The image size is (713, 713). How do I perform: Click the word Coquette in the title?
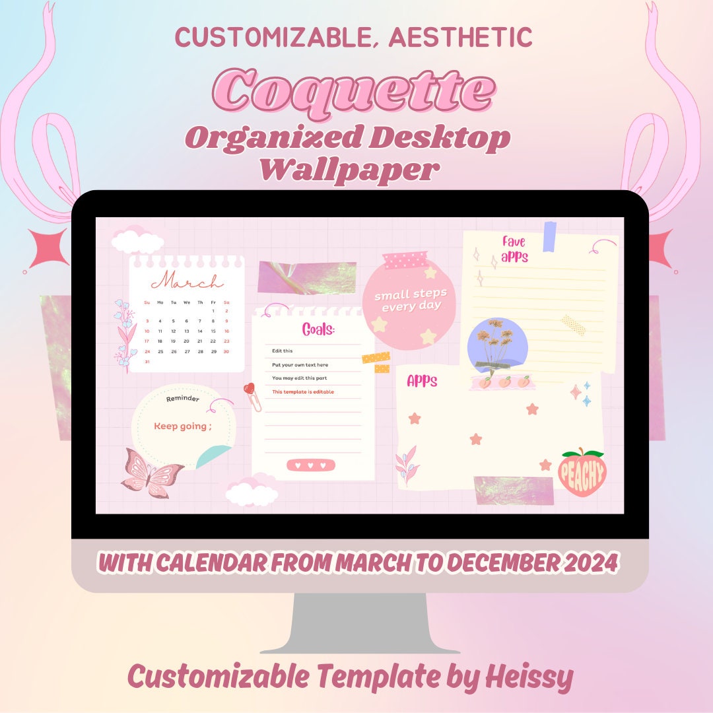point(354,91)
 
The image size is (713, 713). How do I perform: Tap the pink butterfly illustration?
point(153,472)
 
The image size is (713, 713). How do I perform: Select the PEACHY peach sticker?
point(582,472)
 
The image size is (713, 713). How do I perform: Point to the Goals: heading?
point(318,329)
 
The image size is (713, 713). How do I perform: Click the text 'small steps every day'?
point(410,300)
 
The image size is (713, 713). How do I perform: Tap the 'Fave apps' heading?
point(514,249)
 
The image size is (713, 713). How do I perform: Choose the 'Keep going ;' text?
point(183,426)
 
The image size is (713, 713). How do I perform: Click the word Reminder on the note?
point(182,399)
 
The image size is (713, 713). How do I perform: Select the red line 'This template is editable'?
point(303,392)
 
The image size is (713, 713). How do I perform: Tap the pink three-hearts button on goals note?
point(311,465)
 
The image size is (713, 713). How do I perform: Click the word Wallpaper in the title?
point(349,169)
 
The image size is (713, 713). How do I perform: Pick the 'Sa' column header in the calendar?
point(226,302)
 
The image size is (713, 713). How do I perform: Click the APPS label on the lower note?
point(422,381)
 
